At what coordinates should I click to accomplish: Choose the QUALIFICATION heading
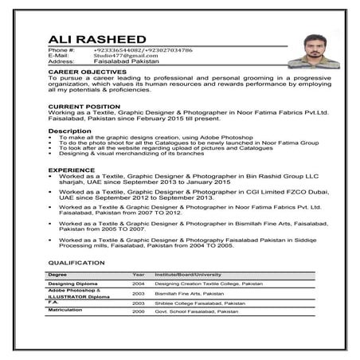click(77, 261)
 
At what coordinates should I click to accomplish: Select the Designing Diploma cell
click(72, 283)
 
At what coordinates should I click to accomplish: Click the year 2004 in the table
click(139, 283)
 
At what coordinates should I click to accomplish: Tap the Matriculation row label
click(66, 311)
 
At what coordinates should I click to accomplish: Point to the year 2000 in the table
click(139, 311)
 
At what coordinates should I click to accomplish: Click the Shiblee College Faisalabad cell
click(200, 303)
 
